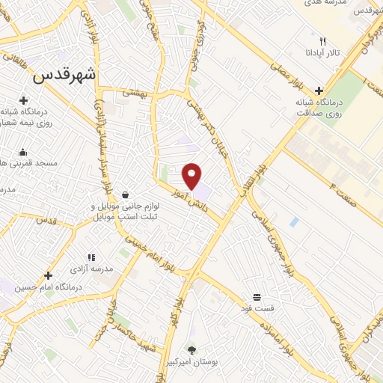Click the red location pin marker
[192, 175]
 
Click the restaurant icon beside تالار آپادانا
[322, 41]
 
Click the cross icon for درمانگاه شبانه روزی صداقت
[319, 91]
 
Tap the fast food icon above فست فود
[257, 297]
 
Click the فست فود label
[257, 309]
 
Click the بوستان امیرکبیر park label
[192, 361]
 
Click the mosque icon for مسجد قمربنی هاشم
[23, 152]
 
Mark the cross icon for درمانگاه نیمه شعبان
[23, 100]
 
